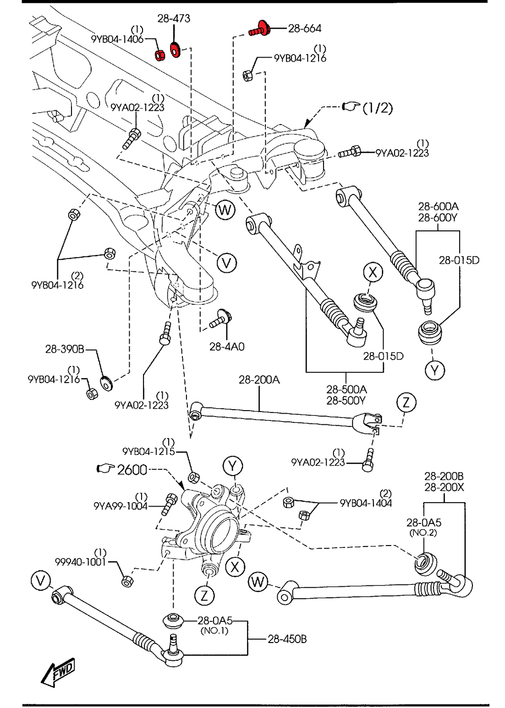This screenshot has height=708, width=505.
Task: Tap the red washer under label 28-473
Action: [x=175, y=50]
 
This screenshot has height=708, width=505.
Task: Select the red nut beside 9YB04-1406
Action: [x=160, y=55]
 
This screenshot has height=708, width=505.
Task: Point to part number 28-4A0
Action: [x=226, y=347]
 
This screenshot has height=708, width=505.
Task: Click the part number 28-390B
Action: [x=64, y=349]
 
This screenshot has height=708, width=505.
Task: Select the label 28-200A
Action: [x=259, y=380]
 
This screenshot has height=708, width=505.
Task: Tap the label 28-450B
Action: [x=287, y=639]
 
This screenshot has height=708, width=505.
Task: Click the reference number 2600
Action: [x=132, y=470]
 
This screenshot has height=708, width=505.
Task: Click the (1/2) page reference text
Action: [x=377, y=108]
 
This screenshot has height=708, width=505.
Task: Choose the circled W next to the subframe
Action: [x=225, y=210]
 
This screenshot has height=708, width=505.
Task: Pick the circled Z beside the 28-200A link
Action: [x=406, y=402]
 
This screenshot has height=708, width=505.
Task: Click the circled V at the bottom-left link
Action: [x=40, y=580]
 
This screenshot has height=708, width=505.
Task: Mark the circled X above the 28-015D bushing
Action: [x=373, y=272]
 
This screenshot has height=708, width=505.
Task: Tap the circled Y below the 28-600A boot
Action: [x=434, y=370]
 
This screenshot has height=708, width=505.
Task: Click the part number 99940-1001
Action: [x=80, y=562]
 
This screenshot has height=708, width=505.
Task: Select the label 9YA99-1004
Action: [x=120, y=506]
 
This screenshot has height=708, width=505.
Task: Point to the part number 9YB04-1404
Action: [x=365, y=503]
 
